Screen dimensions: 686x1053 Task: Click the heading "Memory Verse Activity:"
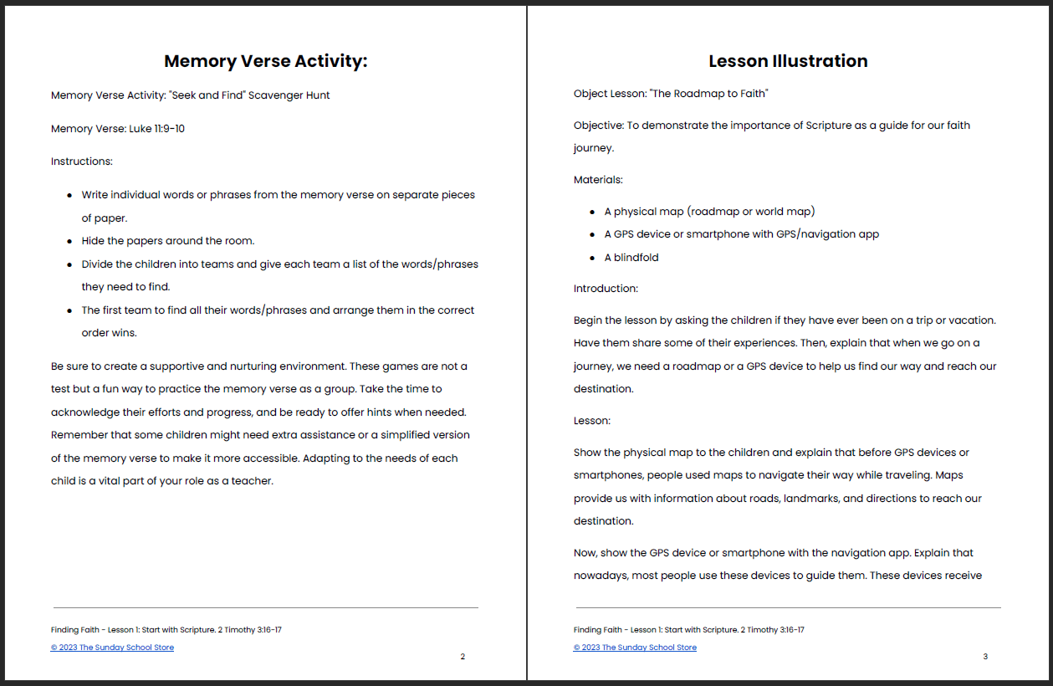265,61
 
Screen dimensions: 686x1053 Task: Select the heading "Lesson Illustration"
788,61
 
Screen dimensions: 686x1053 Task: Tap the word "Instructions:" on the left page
82,161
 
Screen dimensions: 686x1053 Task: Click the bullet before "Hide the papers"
69,241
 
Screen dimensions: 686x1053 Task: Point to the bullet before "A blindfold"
592,259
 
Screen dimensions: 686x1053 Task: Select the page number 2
463,657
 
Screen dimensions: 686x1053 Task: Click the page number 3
985,657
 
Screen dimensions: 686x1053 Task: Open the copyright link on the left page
112,648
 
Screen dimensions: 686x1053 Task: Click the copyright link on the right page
635,648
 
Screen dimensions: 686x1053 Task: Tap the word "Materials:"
598,180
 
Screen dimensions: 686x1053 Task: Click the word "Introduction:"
606,289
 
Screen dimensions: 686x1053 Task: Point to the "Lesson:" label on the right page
592,421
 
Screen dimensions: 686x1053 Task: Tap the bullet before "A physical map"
592,212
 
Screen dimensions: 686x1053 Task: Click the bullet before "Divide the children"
69,264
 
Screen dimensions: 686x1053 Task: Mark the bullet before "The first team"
69,310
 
